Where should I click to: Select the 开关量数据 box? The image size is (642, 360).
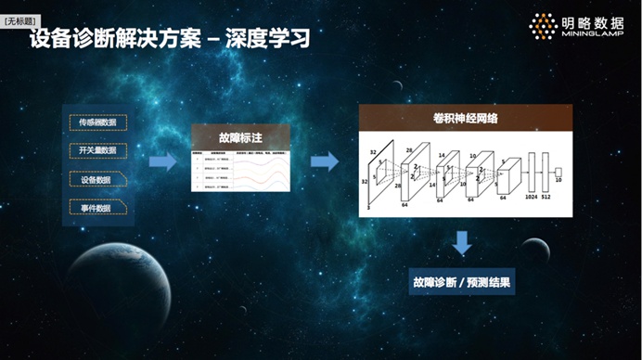[97, 149]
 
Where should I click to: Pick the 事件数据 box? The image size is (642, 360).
[97, 209]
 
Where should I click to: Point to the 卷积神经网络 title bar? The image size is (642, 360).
[465, 118]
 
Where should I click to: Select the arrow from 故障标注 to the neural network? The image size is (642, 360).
[324, 162]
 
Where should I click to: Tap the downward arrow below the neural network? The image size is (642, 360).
[461, 244]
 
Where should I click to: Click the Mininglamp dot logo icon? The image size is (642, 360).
[542, 25]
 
